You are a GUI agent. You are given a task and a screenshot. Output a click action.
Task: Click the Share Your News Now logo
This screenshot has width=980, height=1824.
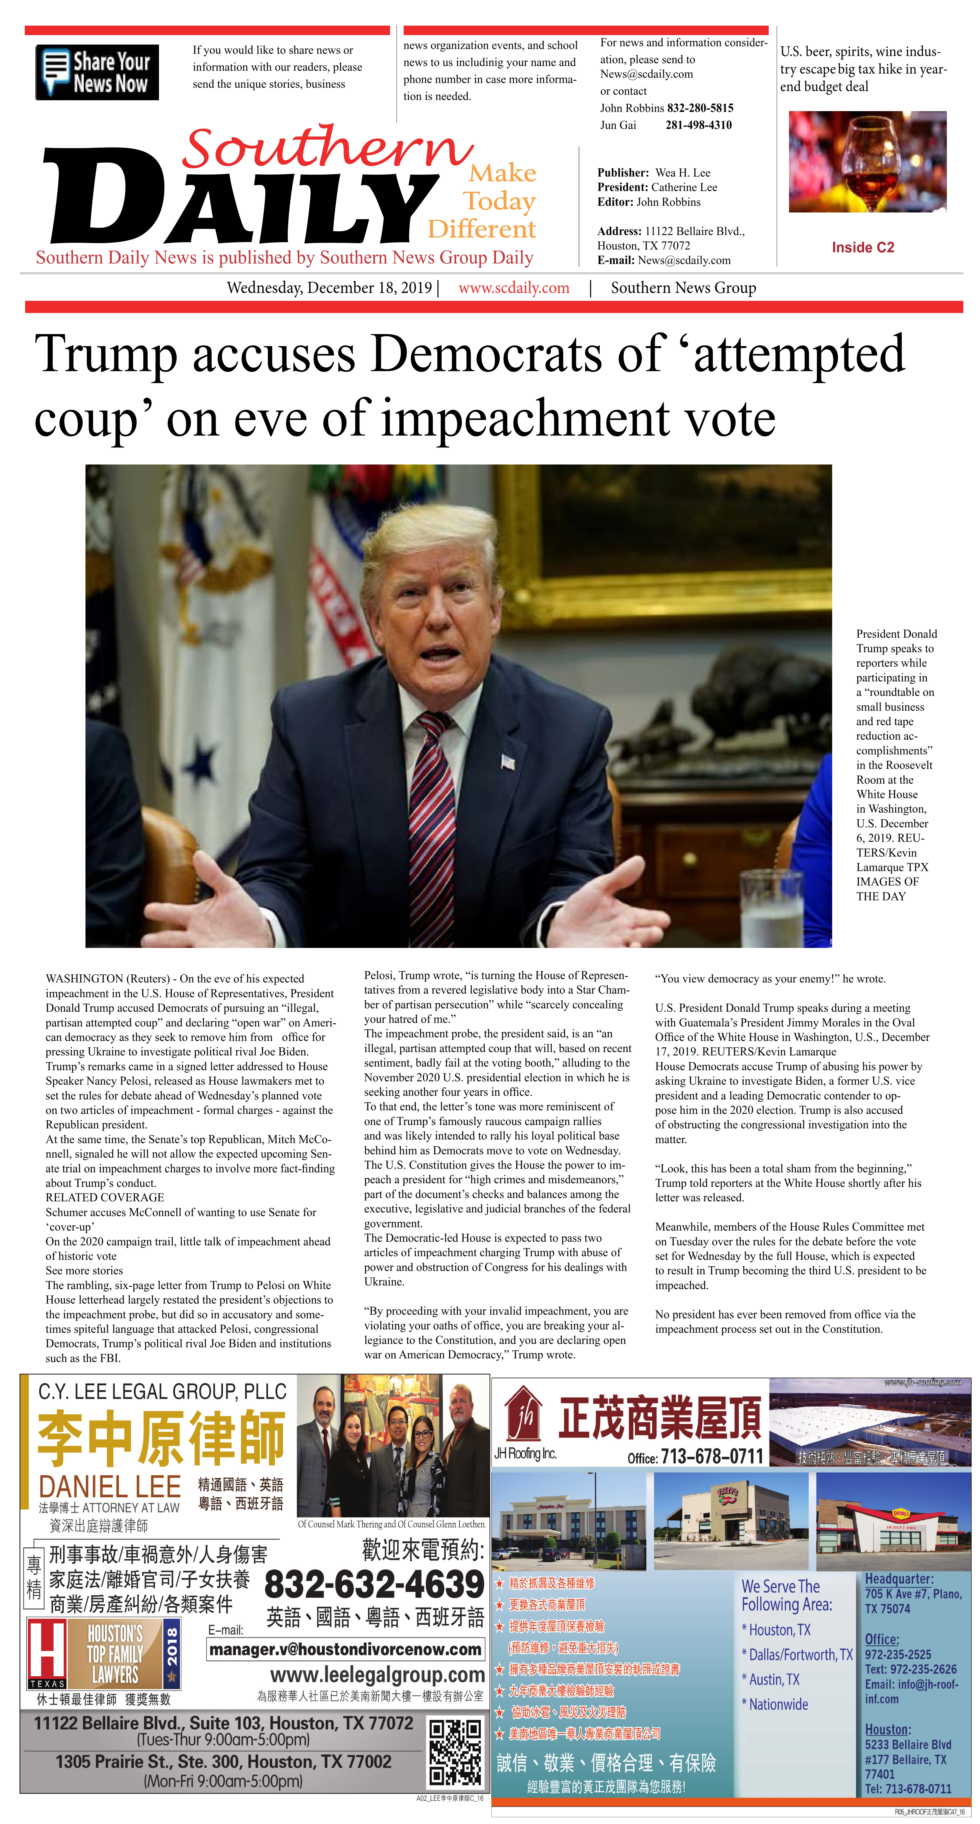click(x=97, y=72)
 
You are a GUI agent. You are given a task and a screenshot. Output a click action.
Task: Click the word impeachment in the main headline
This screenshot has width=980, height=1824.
click(x=524, y=419)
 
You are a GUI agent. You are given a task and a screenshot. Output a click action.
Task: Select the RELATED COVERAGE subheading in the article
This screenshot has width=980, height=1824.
click(x=105, y=1197)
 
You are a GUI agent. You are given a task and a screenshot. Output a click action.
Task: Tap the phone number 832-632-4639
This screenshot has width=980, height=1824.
click(x=374, y=1585)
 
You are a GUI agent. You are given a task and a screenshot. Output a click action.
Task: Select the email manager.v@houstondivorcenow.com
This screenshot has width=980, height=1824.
click(x=346, y=1649)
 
